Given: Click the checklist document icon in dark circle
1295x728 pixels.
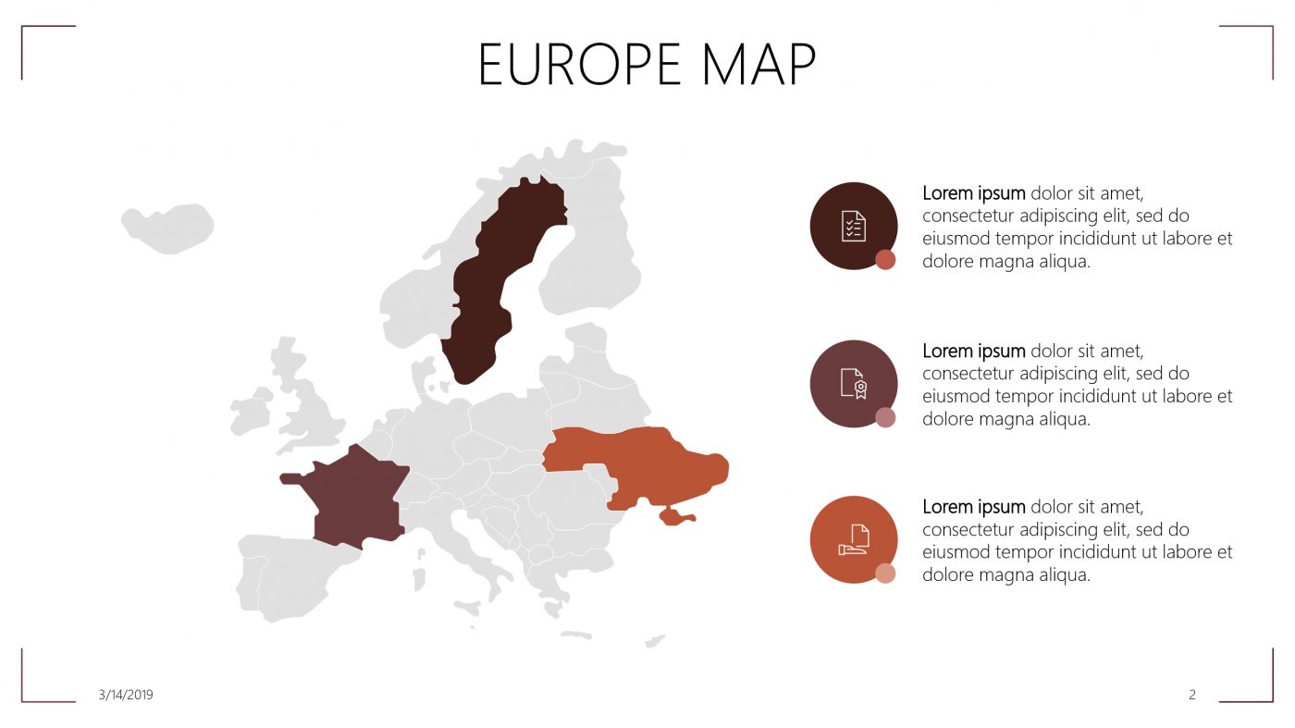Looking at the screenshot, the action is pyautogui.click(x=854, y=226).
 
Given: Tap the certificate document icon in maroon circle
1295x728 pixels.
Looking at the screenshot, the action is pyautogui.click(x=854, y=383).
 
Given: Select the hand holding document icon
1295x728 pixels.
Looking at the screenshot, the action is pyautogui.click(x=854, y=539).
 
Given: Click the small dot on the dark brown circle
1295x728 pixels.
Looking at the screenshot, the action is pyautogui.click(x=885, y=260).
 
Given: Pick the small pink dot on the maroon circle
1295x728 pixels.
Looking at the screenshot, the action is pyautogui.click(x=885, y=417).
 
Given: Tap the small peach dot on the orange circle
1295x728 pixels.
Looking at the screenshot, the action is pyautogui.click(x=885, y=574).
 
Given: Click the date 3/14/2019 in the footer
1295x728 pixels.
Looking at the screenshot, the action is pyautogui.click(x=126, y=695).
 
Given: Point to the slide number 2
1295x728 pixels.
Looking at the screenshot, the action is pyautogui.click(x=1192, y=695).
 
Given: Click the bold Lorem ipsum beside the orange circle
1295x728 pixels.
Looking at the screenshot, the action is pyautogui.click(x=974, y=507).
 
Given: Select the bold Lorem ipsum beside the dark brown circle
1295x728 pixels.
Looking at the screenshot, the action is pyautogui.click(x=974, y=193).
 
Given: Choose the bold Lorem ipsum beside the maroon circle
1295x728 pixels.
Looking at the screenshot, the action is pyautogui.click(x=974, y=351).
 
